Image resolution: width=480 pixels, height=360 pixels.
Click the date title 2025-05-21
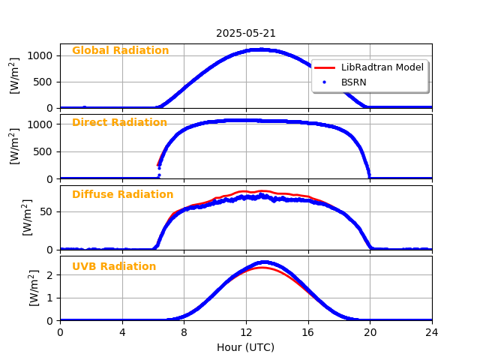(x=246, y=33)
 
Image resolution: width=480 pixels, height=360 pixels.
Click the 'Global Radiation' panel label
(x=120, y=51)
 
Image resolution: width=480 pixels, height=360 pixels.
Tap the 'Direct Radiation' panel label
(x=119, y=123)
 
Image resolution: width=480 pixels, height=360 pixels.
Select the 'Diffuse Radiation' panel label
(x=122, y=195)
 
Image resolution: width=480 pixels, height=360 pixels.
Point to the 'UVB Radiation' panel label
(x=114, y=267)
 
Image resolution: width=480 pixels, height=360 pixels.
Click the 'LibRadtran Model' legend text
(x=382, y=67)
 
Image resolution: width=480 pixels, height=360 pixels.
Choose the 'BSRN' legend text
(x=354, y=82)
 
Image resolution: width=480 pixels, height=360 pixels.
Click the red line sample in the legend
(x=325, y=67)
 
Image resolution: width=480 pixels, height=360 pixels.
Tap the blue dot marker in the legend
(x=325, y=82)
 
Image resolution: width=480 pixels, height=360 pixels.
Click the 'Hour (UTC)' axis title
(x=246, y=347)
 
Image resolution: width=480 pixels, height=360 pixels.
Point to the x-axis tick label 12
(x=246, y=332)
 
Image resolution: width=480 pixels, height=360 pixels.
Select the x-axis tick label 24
(x=432, y=332)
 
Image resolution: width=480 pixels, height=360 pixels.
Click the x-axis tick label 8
(x=184, y=332)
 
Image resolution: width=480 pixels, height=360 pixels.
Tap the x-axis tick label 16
(x=307, y=332)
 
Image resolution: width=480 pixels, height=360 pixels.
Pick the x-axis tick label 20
(x=370, y=332)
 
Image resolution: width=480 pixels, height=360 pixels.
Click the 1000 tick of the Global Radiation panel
(x=41, y=55)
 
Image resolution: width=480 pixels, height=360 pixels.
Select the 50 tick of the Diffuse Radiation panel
(x=47, y=211)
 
